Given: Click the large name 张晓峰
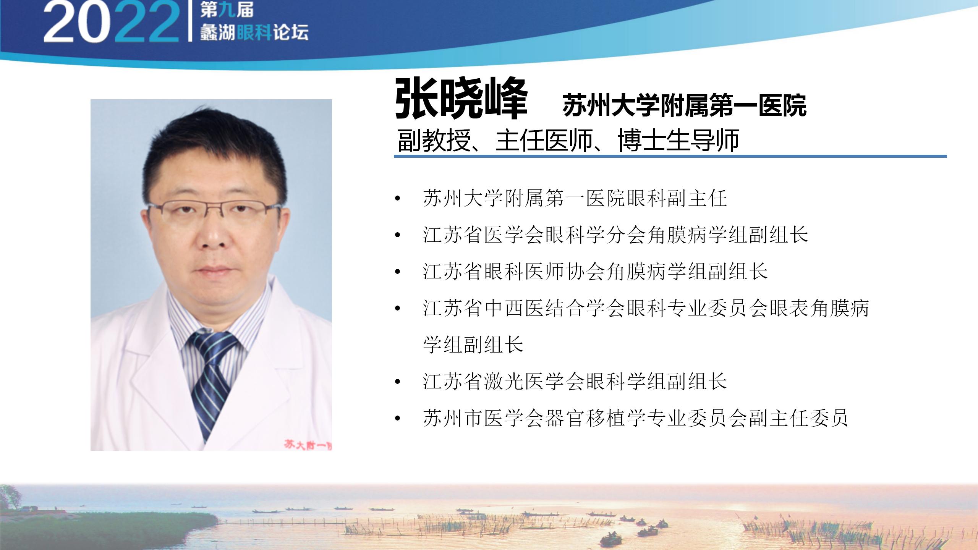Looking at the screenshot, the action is [x=461, y=99].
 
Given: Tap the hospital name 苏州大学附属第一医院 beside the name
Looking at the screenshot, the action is [x=685, y=105].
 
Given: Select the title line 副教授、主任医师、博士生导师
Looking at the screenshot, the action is [x=568, y=140].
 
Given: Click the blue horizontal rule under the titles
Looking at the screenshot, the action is [x=670, y=156].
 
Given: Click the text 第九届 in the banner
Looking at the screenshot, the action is [x=227, y=10].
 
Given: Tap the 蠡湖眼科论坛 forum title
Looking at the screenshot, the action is [x=254, y=32].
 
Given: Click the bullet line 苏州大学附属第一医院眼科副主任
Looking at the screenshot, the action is [x=575, y=199].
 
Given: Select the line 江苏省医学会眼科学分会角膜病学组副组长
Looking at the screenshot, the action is [x=615, y=235].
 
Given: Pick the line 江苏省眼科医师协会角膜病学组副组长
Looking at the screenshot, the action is [x=595, y=271].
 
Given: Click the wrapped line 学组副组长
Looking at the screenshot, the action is [x=473, y=345].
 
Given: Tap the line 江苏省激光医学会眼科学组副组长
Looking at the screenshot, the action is [x=575, y=381].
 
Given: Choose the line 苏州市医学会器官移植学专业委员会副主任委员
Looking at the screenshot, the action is [x=636, y=417].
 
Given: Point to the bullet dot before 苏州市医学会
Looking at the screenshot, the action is [x=398, y=418].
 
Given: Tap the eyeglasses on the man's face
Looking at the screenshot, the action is [x=214, y=212].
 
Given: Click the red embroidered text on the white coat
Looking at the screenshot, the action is [x=308, y=445].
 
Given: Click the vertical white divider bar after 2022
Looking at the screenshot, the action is [x=190, y=21].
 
